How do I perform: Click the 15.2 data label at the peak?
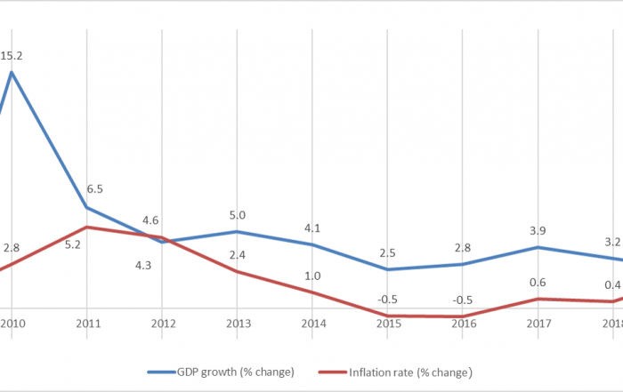12,55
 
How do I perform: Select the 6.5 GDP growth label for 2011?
95,189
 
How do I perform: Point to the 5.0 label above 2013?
238,214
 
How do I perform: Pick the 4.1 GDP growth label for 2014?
311,228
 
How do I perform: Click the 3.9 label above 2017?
537,230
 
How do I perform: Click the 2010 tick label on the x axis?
12,324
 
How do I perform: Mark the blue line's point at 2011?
86,207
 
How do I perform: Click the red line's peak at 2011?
86,227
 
